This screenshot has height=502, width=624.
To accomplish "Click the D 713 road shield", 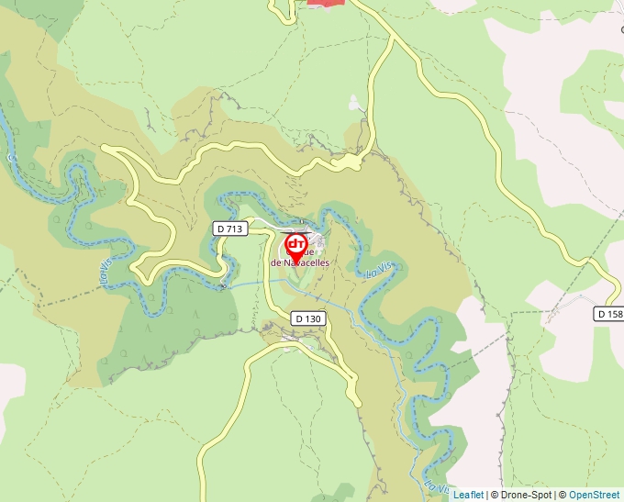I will pyautogui.click(x=230, y=229).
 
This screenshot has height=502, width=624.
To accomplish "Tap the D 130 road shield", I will pyautogui.click(x=308, y=318).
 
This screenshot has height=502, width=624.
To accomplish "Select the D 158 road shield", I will pyautogui.click(x=609, y=314).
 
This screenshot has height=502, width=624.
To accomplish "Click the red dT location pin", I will pyautogui.click(x=296, y=246).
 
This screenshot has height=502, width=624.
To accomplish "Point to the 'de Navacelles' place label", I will pyautogui.click(x=300, y=262).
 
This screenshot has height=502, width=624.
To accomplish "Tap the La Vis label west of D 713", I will pyautogui.click(x=104, y=272).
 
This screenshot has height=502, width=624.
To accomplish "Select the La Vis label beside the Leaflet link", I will pyautogui.click(x=436, y=484).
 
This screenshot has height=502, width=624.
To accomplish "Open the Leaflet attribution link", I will pyautogui.click(x=468, y=495).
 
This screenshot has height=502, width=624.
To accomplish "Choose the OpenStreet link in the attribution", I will pyautogui.click(x=594, y=495).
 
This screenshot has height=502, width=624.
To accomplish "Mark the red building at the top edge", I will pyautogui.click(x=326, y=3).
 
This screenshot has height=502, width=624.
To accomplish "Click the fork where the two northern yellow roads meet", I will pyautogui.click(x=393, y=38).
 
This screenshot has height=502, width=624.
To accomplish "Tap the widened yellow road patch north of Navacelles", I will pyautogui.click(x=350, y=162).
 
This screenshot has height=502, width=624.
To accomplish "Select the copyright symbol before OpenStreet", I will pyautogui.click(x=563, y=495).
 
